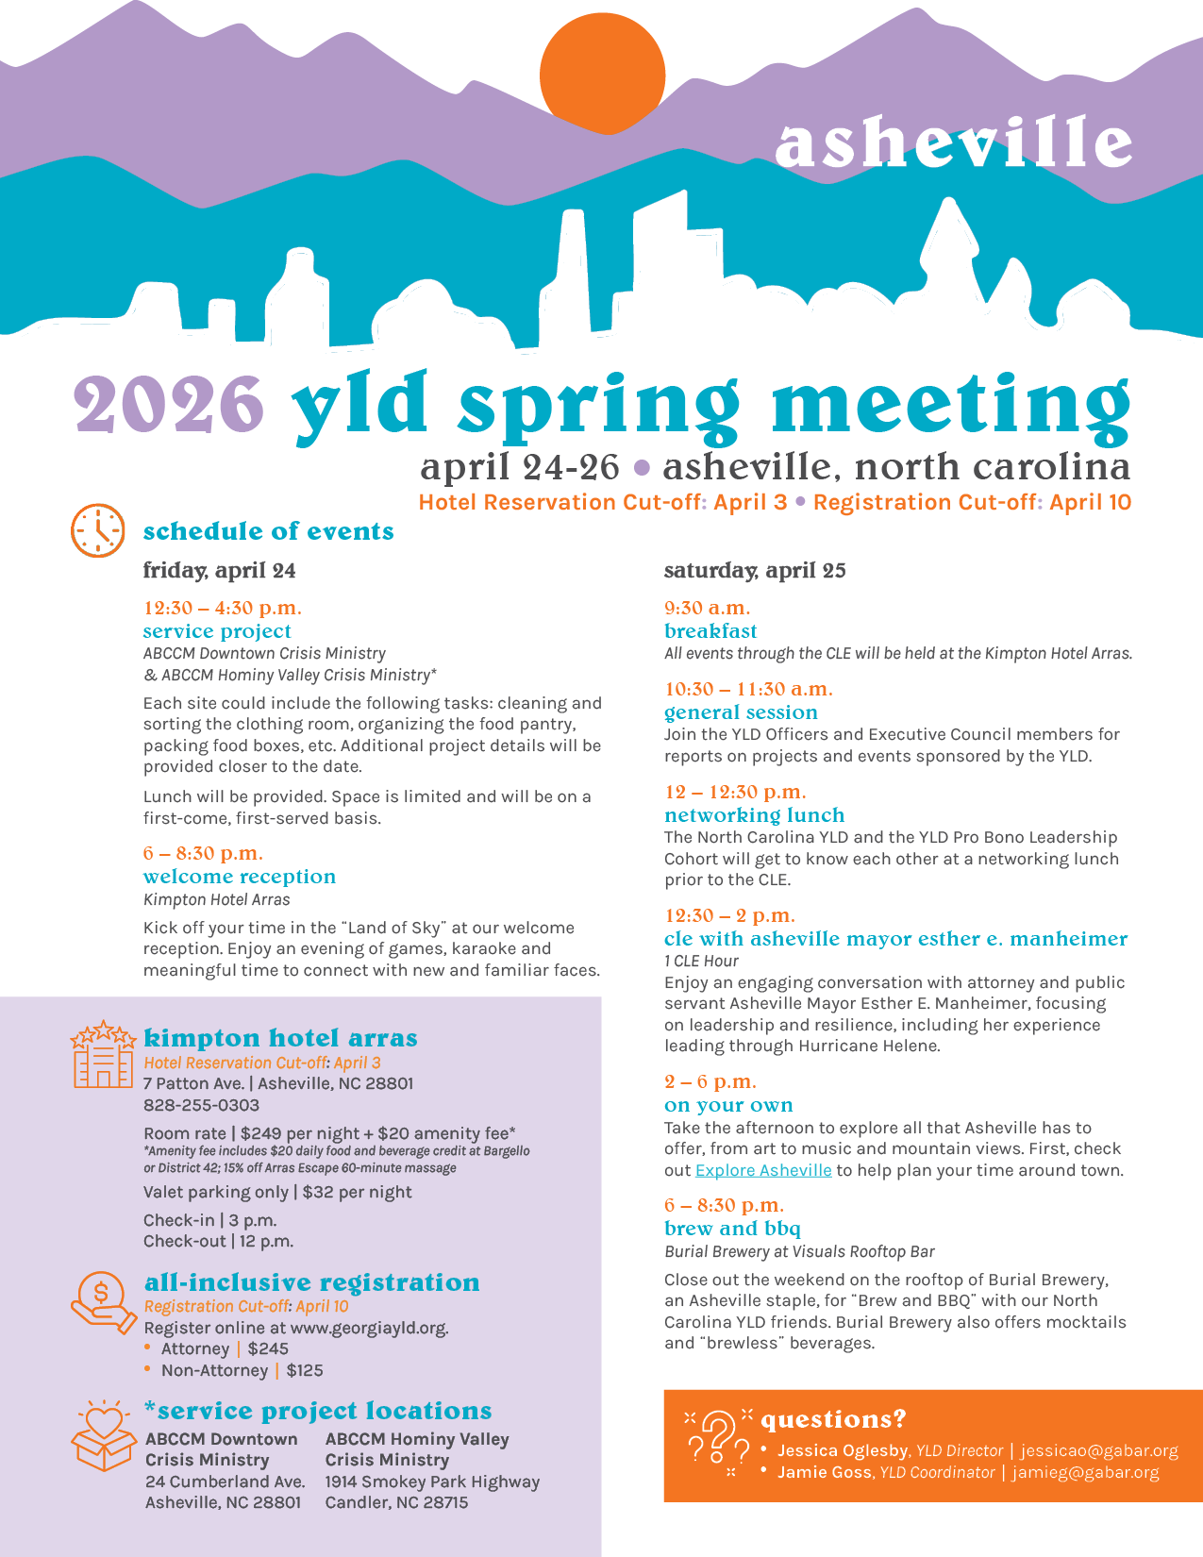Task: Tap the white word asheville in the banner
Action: click(953, 142)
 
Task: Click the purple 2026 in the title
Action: click(170, 404)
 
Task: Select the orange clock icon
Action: click(98, 530)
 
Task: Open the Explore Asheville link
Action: click(763, 1170)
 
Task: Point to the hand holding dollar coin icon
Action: click(103, 1302)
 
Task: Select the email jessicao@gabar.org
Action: click(1099, 1450)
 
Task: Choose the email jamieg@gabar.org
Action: click(1085, 1472)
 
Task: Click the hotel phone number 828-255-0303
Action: click(201, 1105)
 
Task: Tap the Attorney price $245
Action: click(268, 1348)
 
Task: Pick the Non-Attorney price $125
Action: click(305, 1370)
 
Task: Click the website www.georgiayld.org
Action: click(368, 1328)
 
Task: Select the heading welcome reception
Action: click(240, 877)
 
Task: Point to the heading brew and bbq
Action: click(732, 1229)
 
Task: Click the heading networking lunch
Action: click(754, 815)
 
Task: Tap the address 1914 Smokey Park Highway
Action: click(432, 1482)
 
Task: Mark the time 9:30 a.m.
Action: click(707, 608)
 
